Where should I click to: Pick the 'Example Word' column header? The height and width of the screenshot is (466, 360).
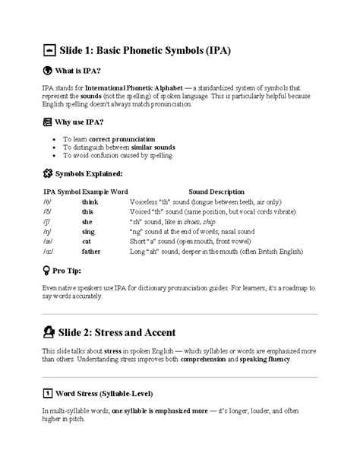point(104,192)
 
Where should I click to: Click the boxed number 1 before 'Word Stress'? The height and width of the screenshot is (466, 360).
point(47,394)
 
